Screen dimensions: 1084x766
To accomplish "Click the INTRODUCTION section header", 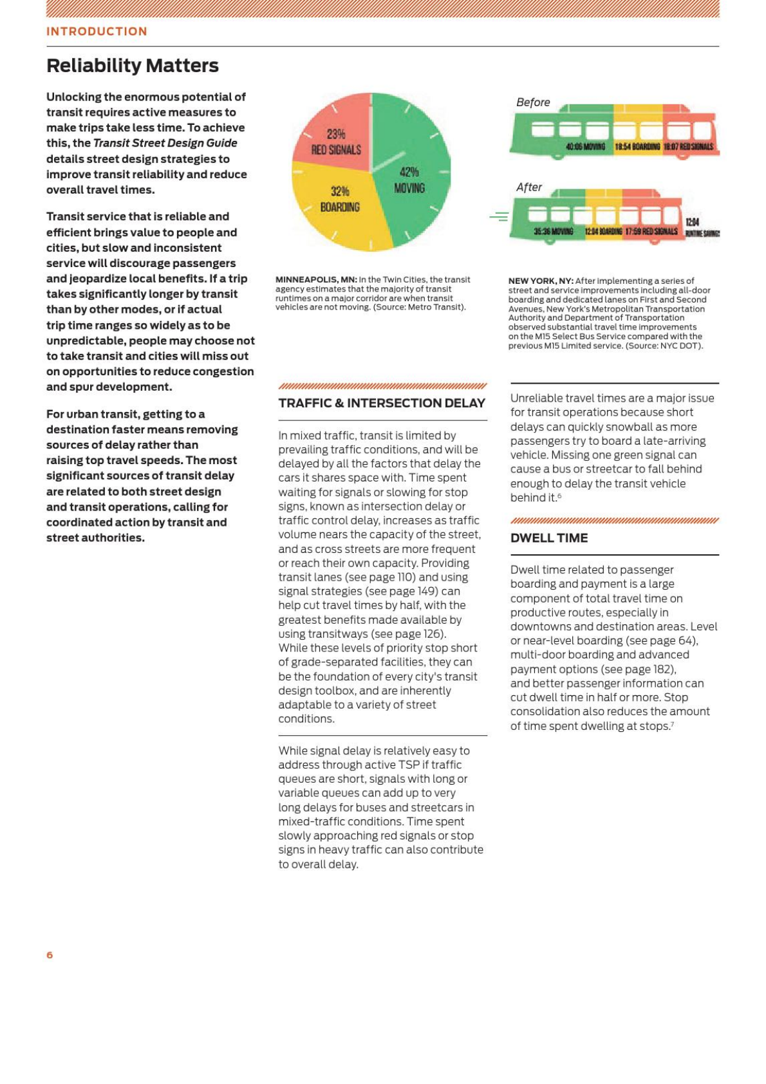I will (97, 32).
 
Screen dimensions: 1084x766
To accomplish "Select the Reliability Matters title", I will (133, 66).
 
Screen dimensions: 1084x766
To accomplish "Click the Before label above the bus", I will (533, 102).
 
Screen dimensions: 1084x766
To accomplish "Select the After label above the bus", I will (529, 187).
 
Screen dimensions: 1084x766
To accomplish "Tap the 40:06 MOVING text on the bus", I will (585, 147).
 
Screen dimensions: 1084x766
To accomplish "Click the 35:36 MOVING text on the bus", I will (553, 232).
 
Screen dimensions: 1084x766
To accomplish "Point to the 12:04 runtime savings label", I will (694, 223).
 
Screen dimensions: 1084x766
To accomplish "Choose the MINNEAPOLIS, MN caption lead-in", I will (316, 279).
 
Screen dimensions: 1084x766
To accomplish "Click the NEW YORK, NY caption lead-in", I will (541, 281).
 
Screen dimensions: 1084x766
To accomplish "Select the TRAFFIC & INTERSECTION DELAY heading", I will (382, 404).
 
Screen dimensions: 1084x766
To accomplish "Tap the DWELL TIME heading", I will (549, 538).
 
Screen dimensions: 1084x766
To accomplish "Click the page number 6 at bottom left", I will (50, 955).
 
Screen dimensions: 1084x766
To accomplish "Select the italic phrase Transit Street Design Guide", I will (165, 143).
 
